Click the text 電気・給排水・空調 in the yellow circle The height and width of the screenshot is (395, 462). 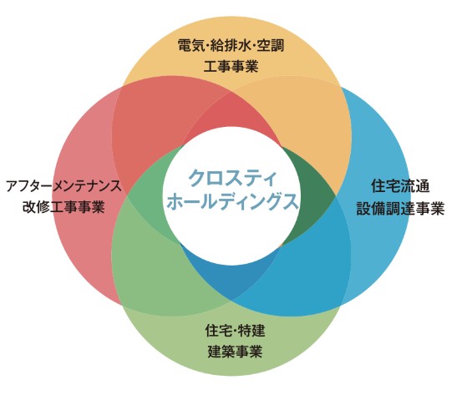click(x=231, y=46)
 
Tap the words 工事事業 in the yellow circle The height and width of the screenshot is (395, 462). click(x=231, y=66)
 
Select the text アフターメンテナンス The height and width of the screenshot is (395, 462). click(x=63, y=186)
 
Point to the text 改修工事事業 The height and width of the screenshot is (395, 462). click(x=63, y=207)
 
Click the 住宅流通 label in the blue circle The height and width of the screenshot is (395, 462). click(x=400, y=186)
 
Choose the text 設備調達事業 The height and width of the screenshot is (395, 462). click(x=400, y=209)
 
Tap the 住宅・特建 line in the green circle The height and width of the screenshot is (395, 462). click(x=235, y=331)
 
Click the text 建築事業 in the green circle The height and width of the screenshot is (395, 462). click(x=235, y=351)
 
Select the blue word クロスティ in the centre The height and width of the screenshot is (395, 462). click(x=232, y=178)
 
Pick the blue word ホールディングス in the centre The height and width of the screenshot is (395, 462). click(x=232, y=201)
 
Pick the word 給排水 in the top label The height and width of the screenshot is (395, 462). click(x=231, y=46)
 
